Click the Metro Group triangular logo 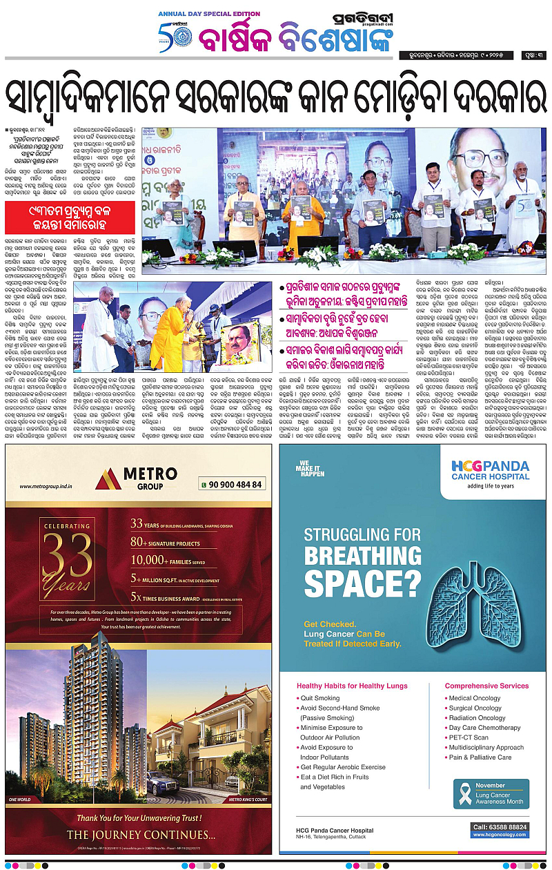point(108,479)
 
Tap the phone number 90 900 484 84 point(233,484)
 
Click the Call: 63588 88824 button point(500,826)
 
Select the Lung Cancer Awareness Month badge point(491,794)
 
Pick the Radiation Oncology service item point(477,718)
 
